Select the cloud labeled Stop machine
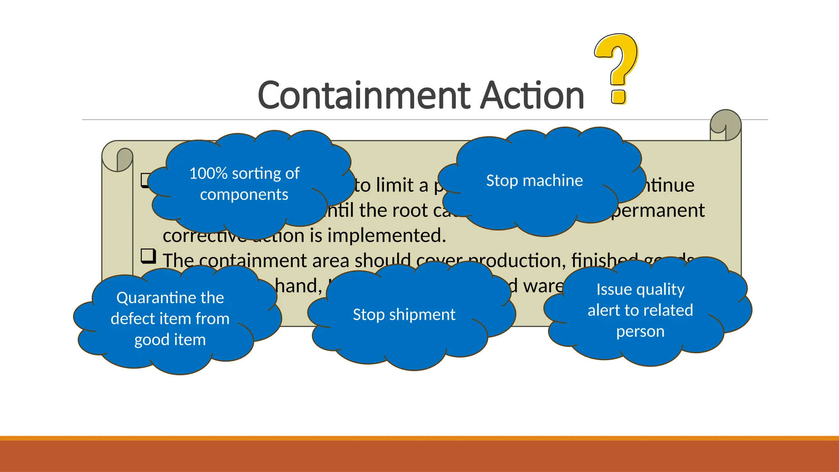pos(534,181)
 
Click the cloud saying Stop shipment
pos(404,315)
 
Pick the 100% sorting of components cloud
pos(244,184)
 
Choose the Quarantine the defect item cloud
pos(170,319)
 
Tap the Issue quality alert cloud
pos(640,310)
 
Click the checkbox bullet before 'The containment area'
pos(148,256)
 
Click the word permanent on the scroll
pos(658,211)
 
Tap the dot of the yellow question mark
pos(618,96)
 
